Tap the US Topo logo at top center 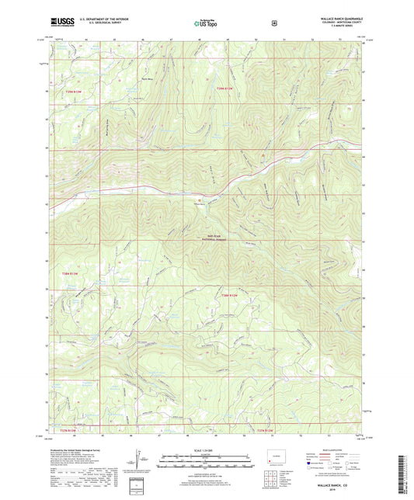click(206, 23)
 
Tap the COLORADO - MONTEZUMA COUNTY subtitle click(336, 22)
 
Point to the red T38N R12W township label click(228, 295)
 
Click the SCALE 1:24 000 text click(206, 450)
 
